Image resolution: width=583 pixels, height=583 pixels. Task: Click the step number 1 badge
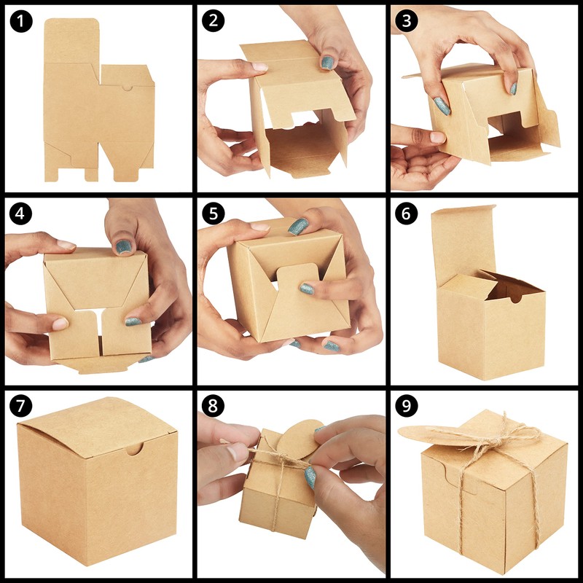[21, 21]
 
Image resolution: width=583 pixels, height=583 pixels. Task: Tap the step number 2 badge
[213, 20]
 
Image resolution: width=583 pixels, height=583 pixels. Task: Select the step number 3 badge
[407, 20]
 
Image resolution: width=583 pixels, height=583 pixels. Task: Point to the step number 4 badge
[21, 214]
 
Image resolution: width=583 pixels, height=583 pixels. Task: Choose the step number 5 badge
[213, 214]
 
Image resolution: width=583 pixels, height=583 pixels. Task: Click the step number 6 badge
[407, 214]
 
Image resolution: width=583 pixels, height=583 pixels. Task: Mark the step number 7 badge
[21, 406]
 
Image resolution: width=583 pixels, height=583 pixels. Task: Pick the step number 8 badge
[213, 406]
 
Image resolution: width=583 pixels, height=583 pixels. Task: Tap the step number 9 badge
[407, 406]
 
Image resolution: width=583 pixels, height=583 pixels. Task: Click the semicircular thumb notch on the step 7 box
[135, 450]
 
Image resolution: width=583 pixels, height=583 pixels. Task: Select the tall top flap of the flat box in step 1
[71, 41]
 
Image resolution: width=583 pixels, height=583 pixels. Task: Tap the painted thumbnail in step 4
[123, 247]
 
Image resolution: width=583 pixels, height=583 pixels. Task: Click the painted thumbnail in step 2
[327, 63]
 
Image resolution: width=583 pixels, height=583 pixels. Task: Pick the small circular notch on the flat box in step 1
[128, 88]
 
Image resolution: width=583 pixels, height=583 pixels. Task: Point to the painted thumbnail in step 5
[298, 227]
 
